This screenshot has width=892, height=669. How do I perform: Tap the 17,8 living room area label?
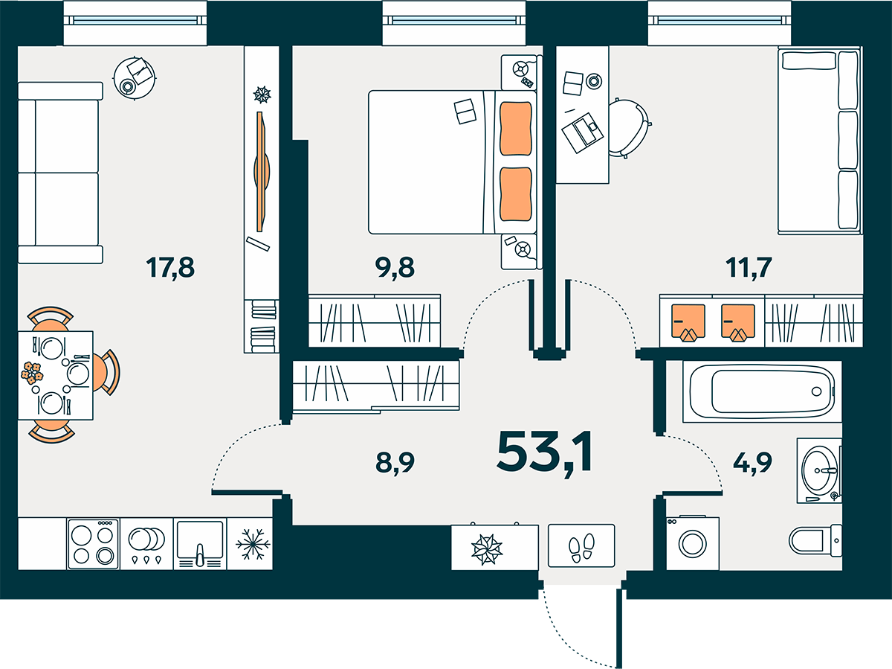coord(170,268)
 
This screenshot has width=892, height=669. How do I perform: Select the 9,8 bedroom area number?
coord(395,268)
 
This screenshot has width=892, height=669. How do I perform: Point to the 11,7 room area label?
coord(749,268)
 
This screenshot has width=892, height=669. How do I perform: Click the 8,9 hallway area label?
coord(395,463)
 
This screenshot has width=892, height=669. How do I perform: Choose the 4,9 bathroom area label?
coord(752,463)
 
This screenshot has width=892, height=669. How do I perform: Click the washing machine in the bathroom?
coord(693,543)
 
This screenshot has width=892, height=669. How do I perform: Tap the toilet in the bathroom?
coord(815,540)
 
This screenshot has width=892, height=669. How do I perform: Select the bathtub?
coord(763,391)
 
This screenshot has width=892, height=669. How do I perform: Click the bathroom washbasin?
coord(819,470)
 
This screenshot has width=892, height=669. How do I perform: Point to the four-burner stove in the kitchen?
coord(93,544)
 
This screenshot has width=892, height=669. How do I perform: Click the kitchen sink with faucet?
coord(199,544)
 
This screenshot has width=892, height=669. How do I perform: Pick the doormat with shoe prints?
coord(581,545)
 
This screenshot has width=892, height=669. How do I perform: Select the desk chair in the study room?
coord(628,128)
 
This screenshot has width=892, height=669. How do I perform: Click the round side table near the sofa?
coord(135,77)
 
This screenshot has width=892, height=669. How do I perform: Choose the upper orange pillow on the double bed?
coord(515,129)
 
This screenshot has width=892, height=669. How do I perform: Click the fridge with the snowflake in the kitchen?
coord(250,544)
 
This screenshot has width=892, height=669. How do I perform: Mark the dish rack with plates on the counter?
coord(146,544)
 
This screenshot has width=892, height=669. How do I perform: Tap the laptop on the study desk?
coord(582,132)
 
